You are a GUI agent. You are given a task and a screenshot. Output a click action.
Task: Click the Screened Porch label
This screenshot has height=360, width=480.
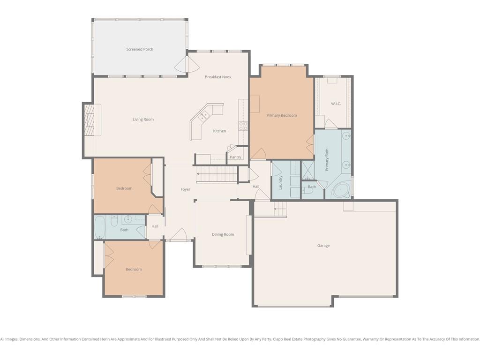[x=140, y=49]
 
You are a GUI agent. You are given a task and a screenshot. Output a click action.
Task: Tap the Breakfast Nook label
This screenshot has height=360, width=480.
[x=218, y=77]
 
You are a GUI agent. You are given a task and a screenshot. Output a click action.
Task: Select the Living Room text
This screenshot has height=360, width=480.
[x=143, y=120]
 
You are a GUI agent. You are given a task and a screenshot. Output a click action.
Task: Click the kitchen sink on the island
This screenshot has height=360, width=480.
[x=204, y=116]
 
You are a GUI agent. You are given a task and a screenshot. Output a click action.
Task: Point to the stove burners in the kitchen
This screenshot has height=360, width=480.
[x=243, y=126]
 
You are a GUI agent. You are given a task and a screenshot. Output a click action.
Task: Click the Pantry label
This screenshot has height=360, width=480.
[x=235, y=157]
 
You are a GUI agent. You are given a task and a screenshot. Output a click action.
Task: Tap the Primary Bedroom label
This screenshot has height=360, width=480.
[x=282, y=115]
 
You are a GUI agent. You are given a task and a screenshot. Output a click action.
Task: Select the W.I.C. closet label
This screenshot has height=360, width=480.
[x=336, y=104]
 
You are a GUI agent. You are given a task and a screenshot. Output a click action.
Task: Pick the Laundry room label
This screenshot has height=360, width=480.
[x=280, y=182]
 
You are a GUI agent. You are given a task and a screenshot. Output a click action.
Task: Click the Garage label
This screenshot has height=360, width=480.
[x=323, y=246]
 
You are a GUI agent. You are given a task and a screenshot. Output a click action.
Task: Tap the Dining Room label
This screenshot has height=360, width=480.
[x=223, y=234]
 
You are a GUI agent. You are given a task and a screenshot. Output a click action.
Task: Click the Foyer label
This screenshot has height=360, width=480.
[x=186, y=189]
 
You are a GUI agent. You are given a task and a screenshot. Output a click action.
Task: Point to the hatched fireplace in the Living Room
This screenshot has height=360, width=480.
[x=90, y=120]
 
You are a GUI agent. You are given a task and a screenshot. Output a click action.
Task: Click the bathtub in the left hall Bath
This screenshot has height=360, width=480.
[x=100, y=227]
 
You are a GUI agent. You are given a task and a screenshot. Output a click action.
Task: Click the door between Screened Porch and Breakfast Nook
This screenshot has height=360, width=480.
[x=187, y=64]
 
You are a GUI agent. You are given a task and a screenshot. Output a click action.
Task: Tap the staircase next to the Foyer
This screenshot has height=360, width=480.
[x=217, y=174]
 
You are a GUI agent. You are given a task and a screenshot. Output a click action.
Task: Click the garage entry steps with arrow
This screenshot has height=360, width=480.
[x=279, y=209]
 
